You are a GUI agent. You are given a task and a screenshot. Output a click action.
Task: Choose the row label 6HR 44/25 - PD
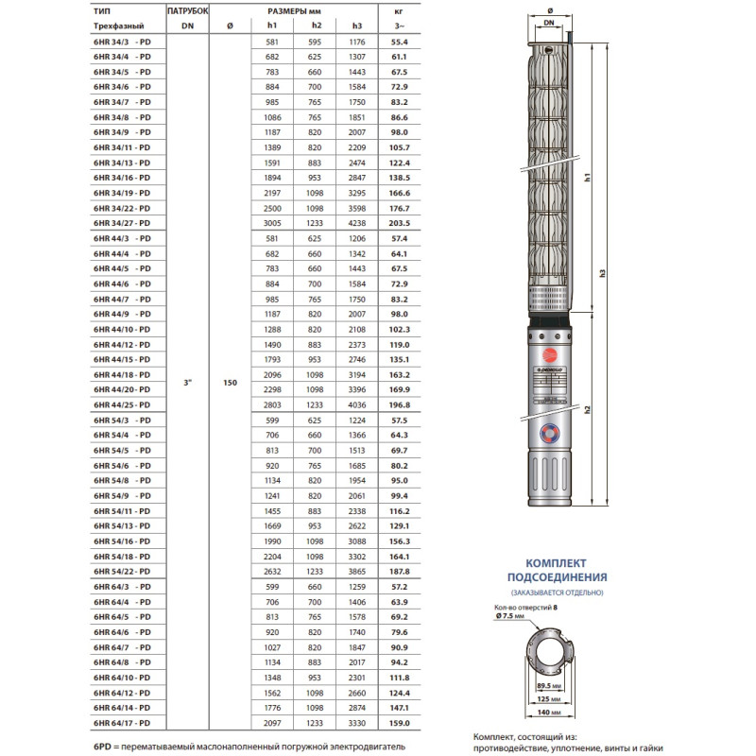(121, 404)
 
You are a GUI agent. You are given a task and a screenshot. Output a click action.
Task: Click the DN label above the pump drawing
(548, 21)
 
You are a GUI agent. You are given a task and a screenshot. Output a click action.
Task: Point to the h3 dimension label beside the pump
(602, 273)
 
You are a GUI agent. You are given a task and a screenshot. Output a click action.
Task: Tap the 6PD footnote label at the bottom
(103, 747)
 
